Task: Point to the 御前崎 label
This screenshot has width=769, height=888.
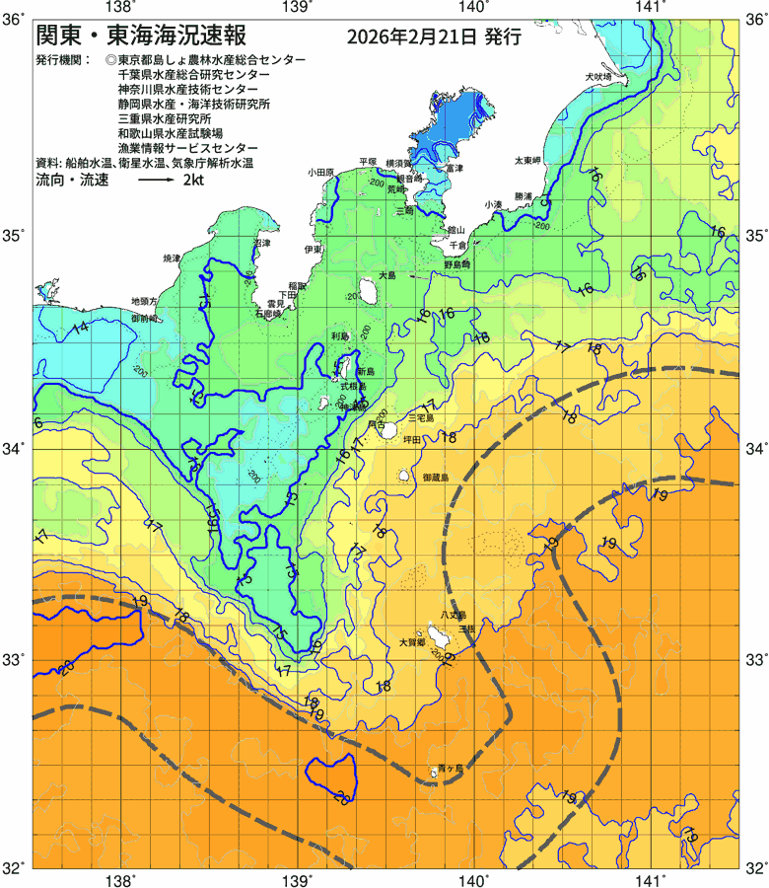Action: click(x=145, y=320)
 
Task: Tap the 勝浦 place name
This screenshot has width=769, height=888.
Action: click(x=523, y=196)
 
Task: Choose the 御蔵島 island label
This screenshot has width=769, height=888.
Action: click(x=435, y=478)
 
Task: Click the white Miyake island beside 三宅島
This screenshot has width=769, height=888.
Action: click(x=389, y=430)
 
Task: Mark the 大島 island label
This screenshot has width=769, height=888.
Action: click(x=386, y=275)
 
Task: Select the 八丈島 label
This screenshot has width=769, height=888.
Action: click(x=453, y=615)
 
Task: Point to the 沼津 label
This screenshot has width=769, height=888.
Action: click(x=261, y=242)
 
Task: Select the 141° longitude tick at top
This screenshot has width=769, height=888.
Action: click(x=652, y=9)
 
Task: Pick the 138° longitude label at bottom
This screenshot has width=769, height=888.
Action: click(x=120, y=878)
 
